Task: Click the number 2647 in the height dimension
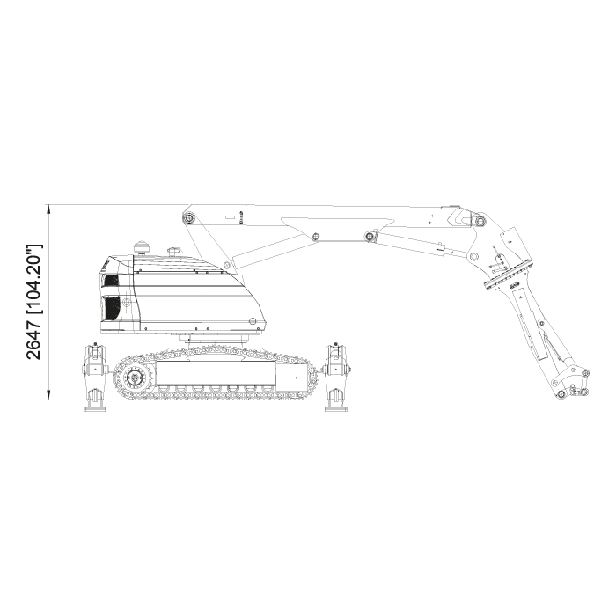click(33, 339)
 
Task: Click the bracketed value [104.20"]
click(34, 279)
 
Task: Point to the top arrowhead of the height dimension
click(48, 209)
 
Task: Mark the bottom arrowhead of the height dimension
click(48, 395)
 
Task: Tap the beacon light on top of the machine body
click(142, 247)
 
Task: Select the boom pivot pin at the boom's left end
click(190, 217)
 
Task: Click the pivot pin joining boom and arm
click(480, 221)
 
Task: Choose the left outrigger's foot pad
click(95, 409)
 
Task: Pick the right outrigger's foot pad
click(336, 409)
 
